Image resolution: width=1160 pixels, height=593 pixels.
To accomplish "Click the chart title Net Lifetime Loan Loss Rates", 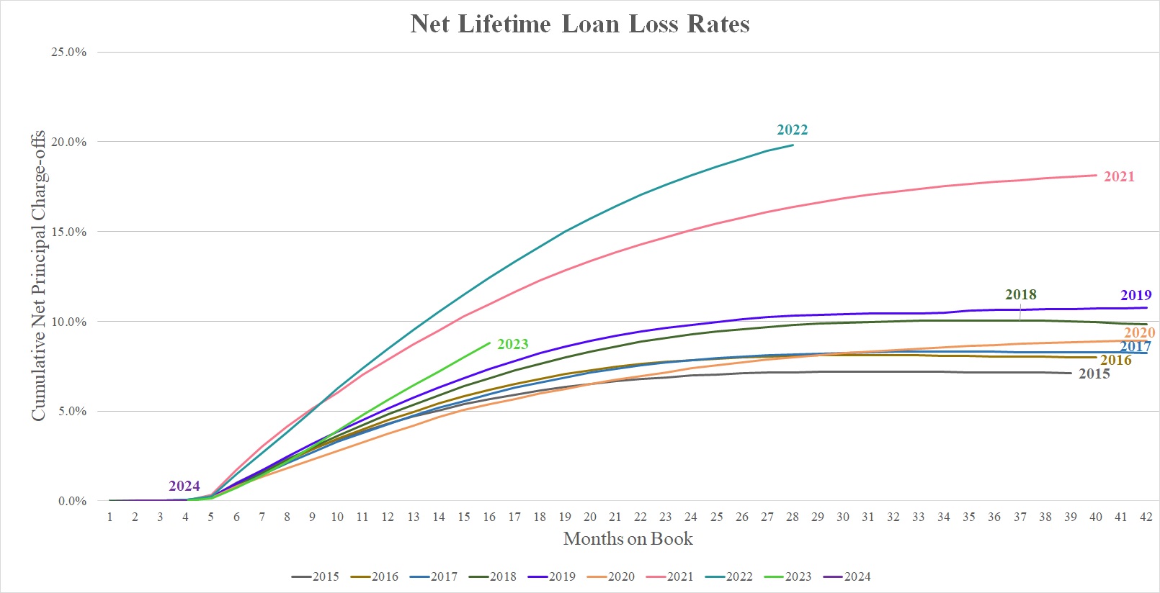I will (x=580, y=24).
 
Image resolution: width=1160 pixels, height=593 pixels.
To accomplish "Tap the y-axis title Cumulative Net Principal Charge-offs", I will (x=38, y=276).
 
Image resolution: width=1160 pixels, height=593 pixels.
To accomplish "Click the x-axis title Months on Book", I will (x=628, y=538).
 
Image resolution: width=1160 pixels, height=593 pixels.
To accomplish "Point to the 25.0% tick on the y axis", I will (x=68, y=52).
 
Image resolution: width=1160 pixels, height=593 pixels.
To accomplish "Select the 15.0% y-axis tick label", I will (x=68, y=232).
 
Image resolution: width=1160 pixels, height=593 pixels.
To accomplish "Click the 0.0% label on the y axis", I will (x=72, y=501).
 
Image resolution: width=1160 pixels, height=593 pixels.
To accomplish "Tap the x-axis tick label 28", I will (x=792, y=517).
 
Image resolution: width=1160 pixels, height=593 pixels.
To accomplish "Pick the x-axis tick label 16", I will (x=488, y=517).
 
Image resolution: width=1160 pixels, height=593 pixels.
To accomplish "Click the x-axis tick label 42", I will (x=1146, y=517).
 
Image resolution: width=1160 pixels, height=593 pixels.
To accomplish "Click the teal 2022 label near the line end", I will (x=792, y=130).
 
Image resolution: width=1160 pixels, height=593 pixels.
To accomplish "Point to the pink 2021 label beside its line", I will (x=1118, y=176).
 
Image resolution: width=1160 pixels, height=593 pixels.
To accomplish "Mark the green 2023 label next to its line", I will (x=512, y=344).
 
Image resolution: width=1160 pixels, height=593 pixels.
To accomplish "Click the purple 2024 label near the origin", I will (x=184, y=486).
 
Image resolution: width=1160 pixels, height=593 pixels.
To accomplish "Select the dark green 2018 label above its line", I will (x=1020, y=294).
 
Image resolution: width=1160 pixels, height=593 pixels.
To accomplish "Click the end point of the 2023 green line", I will (x=489, y=343).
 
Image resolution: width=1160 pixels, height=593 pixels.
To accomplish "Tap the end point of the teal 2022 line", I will (x=793, y=145).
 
